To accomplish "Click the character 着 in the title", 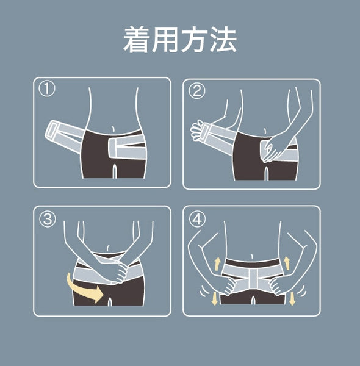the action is click(x=137, y=39).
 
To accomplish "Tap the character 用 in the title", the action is click(x=165, y=39).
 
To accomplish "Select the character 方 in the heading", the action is click(x=194, y=39).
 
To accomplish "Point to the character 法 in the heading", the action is click(x=223, y=39).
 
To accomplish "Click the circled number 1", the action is click(x=47, y=89).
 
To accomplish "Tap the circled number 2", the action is click(x=197, y=91).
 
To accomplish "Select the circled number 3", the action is click(x=48, y=219).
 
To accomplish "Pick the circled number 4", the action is click(x=198, y=219).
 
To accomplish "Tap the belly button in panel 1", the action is click(x=113, y=129).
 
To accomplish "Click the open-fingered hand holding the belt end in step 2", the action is click(x=196, y=131).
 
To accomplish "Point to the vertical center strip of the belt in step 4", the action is click(x=254, y=279).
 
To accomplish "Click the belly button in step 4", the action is click(x=251, y=256).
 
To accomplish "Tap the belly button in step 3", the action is click(x=108, y=248).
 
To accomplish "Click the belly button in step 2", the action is click(x=265, y=131).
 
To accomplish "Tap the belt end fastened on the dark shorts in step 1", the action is click(x=113, y=148).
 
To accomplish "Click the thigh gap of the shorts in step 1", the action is click(x=114, y=171).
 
